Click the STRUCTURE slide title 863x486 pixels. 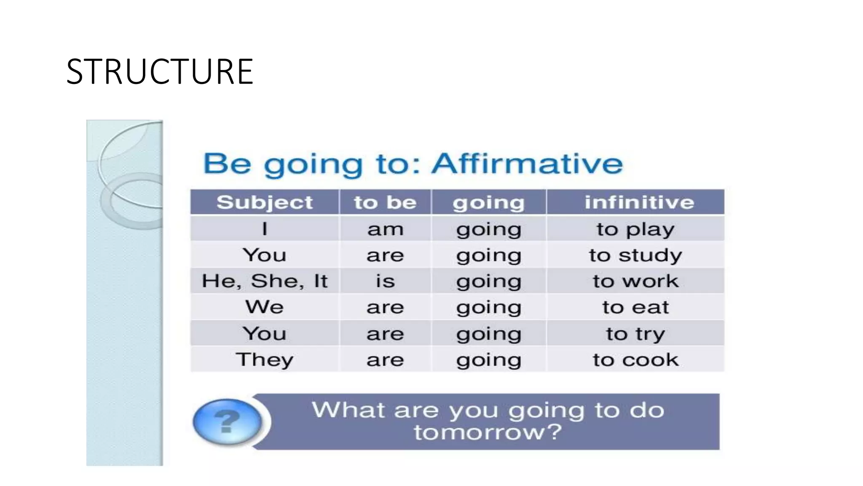click(x=160, y=72)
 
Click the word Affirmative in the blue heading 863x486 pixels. click(x=527, y=164)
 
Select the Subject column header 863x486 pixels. click(x=265, y=202)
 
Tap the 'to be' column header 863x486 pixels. click(x=385, y=202)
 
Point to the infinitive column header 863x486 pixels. click(x=639, y=202)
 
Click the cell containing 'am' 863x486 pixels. click(x=385, y=229)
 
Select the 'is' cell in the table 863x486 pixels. click(x=385, y=281)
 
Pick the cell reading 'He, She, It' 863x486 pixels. click(x=265, y=281)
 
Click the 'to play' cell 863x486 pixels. click(x=635, y=229)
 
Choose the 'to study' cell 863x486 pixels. click(x=635, y=255)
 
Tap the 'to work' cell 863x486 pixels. click(x=635, y=281)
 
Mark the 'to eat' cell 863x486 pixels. click(x=635, y=307)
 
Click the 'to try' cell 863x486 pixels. click(x=635, y=334)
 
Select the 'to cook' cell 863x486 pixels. click(x=635, y=360)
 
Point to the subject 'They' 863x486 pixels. click(x=265, y=360)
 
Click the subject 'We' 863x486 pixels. click(x=265, y=307)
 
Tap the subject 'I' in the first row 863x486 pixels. click(x=265, y=229)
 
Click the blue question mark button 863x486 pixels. click(x=227, y=421)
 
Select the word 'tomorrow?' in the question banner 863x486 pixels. click(x=488, y=432)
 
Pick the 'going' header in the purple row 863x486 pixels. click(x=488, y=202)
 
